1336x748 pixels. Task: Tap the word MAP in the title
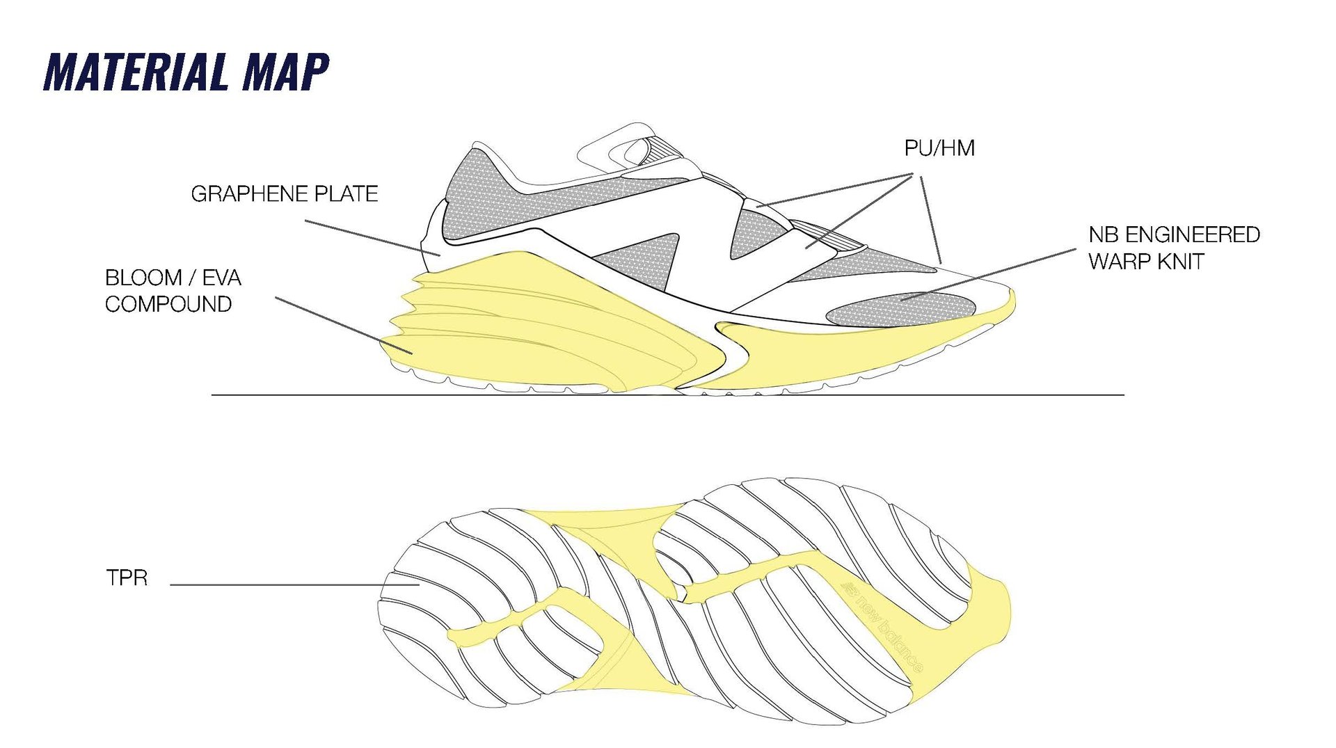pos(285,72)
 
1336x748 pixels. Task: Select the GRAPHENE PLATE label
pos(284,193)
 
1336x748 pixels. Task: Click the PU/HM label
pos(939,148)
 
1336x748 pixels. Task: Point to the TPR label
pos(127,578)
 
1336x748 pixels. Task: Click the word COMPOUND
pos(168,304)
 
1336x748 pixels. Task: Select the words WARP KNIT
pos(1145,262)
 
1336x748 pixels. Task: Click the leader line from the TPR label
pos(292,584)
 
